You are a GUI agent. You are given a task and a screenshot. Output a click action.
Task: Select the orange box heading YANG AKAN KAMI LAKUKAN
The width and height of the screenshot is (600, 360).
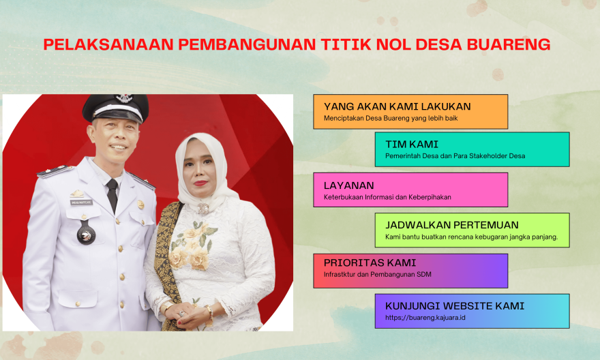397,106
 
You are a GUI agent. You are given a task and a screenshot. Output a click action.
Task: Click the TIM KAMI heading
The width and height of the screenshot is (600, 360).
412,145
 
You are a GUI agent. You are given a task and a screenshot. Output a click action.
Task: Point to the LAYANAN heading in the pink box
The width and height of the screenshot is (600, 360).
348,185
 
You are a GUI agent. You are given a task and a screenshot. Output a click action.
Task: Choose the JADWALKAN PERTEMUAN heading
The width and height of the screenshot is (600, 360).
452,225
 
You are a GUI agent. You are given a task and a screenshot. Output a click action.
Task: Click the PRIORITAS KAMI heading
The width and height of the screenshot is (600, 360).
370,262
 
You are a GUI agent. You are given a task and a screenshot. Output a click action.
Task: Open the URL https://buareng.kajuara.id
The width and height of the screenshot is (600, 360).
425,318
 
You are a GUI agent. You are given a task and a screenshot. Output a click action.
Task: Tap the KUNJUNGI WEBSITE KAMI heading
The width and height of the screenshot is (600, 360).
455,306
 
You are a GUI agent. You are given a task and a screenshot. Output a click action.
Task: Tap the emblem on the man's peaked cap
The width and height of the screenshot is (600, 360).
124,98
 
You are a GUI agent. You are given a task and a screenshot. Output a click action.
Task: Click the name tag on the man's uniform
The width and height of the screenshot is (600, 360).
81,202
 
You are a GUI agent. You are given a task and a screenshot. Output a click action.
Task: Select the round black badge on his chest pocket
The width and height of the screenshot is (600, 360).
86,234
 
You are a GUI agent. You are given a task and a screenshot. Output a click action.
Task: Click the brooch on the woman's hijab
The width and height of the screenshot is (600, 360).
202,209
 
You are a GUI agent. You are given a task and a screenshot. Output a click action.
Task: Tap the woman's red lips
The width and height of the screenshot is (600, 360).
200,183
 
